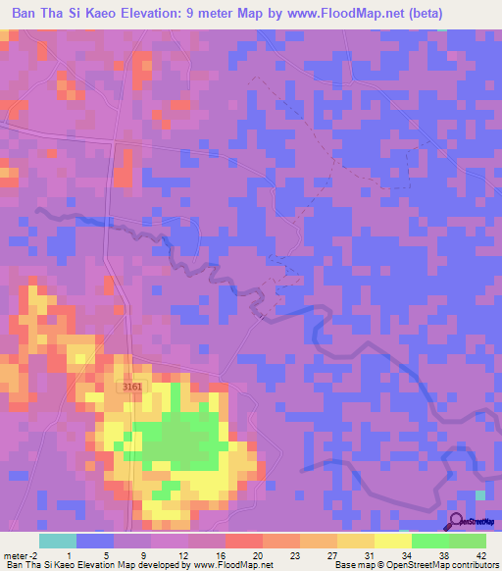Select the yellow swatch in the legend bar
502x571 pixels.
tap(392, 541)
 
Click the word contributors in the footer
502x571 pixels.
tap(476, 565)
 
